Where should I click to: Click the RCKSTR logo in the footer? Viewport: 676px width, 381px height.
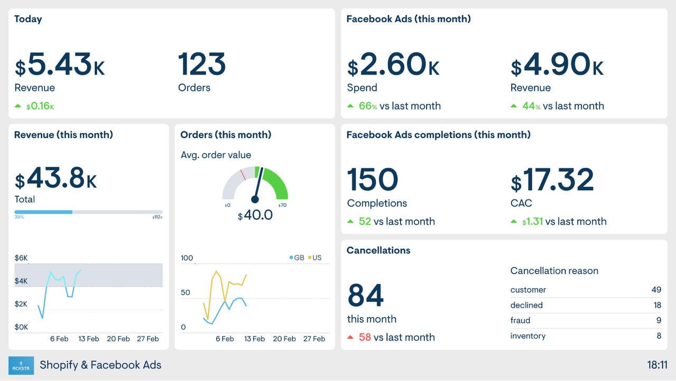coord(21,365)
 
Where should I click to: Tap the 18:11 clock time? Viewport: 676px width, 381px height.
coord(657,365)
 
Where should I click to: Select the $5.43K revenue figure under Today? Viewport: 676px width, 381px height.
coord(60,65)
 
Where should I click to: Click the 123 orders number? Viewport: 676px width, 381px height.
coord(202,65)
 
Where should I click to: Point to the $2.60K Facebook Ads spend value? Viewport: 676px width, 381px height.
coord(393,65)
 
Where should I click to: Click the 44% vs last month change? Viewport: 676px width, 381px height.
coord(557,106)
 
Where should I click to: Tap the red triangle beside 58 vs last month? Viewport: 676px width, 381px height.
coord(350,337)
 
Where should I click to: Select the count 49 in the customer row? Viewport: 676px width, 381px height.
coord(656,290)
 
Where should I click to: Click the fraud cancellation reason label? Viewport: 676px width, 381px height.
coord(520,321)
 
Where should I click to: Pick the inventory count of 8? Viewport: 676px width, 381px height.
coord(659,336)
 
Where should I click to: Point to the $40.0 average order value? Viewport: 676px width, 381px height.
coord(255,215)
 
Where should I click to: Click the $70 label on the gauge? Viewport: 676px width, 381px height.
coord(282,205)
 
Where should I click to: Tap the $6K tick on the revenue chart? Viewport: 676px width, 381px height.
coord(21,258)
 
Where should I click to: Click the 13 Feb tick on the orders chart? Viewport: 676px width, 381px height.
coord(255,339)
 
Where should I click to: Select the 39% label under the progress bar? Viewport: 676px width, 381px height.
coord(19,217)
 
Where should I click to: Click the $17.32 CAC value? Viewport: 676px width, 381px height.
coord(552,180)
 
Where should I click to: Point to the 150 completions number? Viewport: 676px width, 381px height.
coord(373,180)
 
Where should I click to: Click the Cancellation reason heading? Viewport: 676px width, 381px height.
coord(554,271)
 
